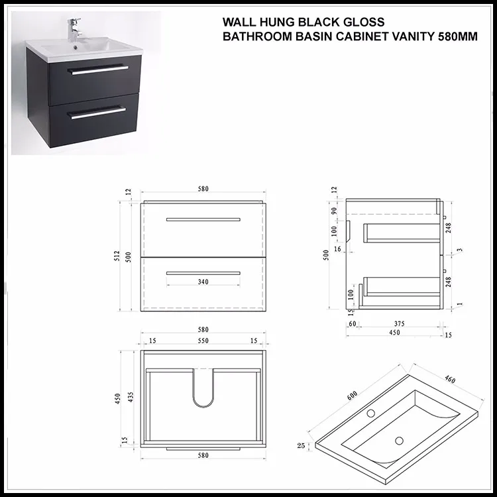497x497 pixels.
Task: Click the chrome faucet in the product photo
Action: coord(72,30)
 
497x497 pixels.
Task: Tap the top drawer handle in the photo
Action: coord(98,69)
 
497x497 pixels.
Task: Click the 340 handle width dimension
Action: coord(203,282)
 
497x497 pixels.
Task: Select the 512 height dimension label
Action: coord(117,255)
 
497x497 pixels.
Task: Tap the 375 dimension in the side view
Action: coord(398,324)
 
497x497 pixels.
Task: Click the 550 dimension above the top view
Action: coord(203,341)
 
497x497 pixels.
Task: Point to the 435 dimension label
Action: coord(131,396)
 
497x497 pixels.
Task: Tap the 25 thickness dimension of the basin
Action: coord(302,446)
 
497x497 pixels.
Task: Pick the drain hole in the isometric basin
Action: coord(400,439)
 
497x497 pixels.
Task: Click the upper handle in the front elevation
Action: coord(203,219)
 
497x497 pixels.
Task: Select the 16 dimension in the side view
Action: coord(338,248)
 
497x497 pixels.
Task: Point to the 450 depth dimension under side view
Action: coord(394,333)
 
